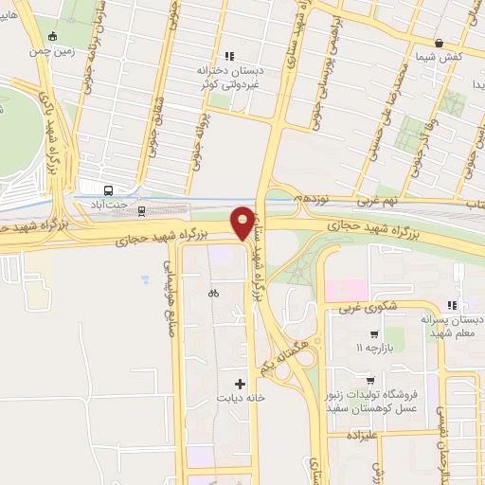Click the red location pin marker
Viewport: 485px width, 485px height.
coord(242,222)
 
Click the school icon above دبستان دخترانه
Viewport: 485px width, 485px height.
coord(228,56)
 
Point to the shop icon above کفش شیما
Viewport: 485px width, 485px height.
coord(438,44)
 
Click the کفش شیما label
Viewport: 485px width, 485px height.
coord(438,58)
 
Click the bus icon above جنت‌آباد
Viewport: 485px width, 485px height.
coord(108,189)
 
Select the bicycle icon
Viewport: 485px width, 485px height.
coord(213,293)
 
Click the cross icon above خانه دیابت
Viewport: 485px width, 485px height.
coord(240,385)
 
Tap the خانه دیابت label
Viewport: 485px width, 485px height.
coord(240,399)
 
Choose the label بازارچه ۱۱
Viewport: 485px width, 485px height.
coord(372,349)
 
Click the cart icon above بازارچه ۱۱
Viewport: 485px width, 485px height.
coord(374,334)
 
